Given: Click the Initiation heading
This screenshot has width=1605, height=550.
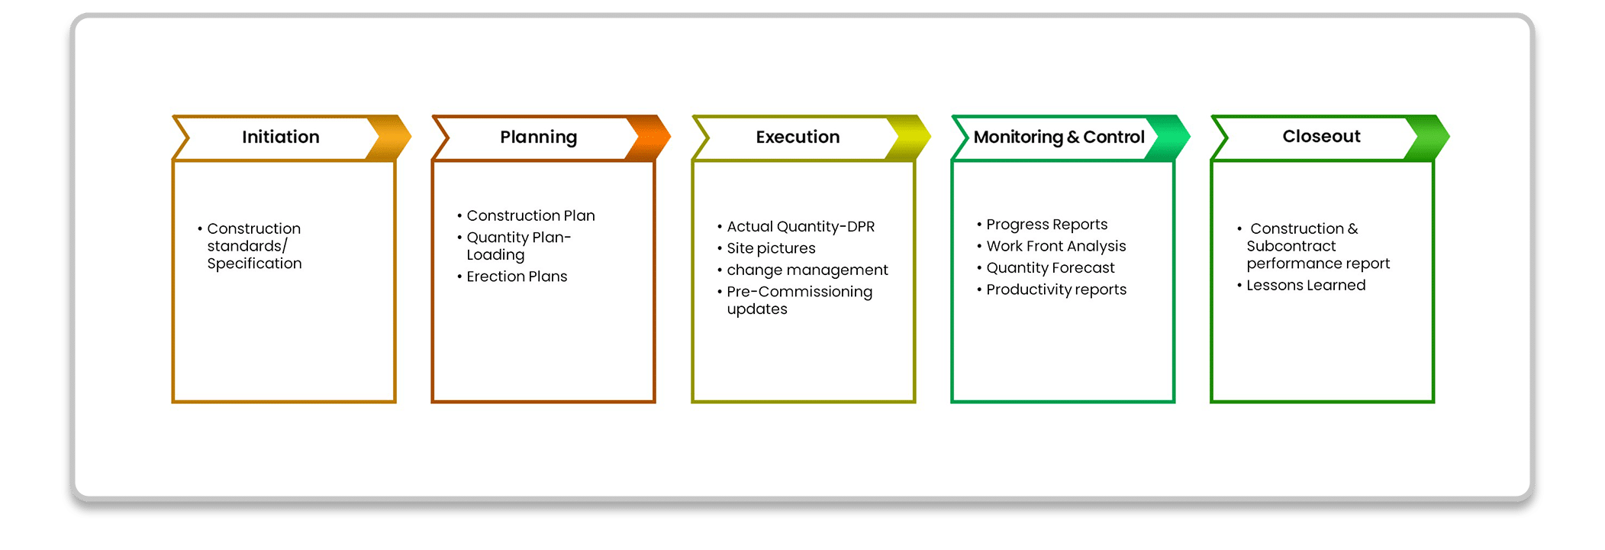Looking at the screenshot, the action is coord(281,137).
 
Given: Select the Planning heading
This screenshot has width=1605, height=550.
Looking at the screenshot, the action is coord(539,137).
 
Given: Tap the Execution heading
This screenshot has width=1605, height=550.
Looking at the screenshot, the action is coord(798,137).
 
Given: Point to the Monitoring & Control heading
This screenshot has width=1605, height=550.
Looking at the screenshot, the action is coord(1059,137).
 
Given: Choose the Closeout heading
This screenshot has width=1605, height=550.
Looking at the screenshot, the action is coord(1321,136).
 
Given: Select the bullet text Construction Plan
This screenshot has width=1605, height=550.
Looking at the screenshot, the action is coord(530,216).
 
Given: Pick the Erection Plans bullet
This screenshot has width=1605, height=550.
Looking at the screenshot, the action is coord(517,277).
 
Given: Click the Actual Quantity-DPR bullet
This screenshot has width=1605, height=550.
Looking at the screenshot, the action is coord(801,227).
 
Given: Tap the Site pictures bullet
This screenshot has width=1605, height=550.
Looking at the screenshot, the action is coord(771,248).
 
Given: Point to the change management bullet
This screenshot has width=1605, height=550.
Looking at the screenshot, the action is coord(807,270).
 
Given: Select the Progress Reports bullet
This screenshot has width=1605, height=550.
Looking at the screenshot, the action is coord(1046,225).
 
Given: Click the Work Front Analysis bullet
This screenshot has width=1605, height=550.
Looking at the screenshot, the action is coord(1056,246).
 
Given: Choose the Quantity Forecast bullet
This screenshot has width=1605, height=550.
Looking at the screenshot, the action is coord(1050,268).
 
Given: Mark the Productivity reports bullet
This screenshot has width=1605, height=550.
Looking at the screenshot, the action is coord(1056,290).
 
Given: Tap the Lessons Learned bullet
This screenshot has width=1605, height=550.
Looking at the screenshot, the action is coord(1306,286).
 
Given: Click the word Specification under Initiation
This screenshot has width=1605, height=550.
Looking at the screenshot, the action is coord(254,264).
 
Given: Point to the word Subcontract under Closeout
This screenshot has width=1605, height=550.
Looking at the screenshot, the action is coord(1291,246).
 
